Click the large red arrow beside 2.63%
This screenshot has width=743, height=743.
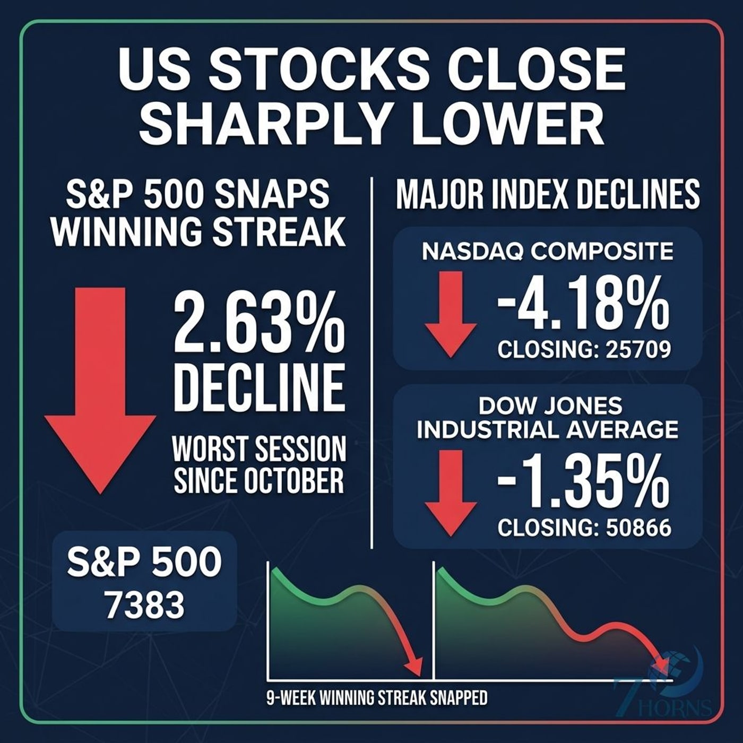100,390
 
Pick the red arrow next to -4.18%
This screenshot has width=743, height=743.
451,314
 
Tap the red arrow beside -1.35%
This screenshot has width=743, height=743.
451,494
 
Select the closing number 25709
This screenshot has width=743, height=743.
638,350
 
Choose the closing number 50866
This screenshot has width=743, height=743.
638,528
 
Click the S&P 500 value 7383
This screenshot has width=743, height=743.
145,605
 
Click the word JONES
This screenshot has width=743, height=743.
583,405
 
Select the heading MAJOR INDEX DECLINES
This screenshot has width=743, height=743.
548,195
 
